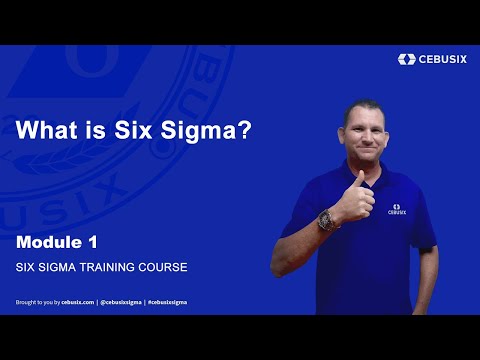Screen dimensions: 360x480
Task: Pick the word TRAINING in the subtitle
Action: coord(112,268)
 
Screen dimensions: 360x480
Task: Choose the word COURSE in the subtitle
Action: coord(165,268)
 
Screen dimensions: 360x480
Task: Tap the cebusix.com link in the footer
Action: coord(77,301)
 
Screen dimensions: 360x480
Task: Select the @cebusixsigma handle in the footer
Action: coord(121,301)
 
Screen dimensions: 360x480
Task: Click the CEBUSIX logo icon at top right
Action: coord(405,59)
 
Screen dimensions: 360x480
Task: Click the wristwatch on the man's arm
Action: coord(326,218)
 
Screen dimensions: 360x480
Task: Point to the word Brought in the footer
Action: coord(26,301)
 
